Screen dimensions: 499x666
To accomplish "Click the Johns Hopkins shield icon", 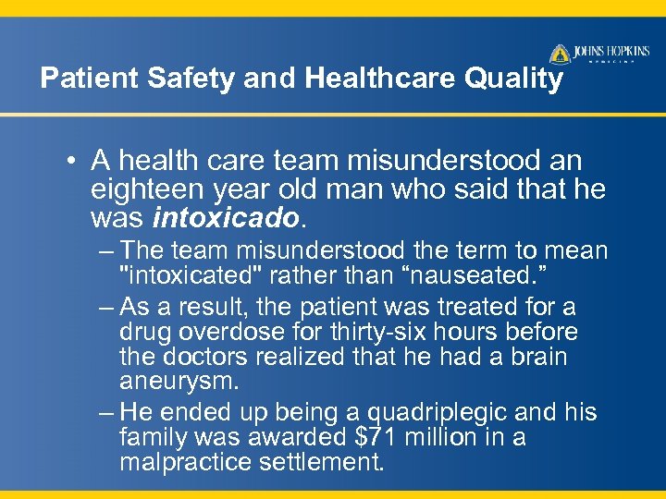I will click(x=560, y=54).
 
